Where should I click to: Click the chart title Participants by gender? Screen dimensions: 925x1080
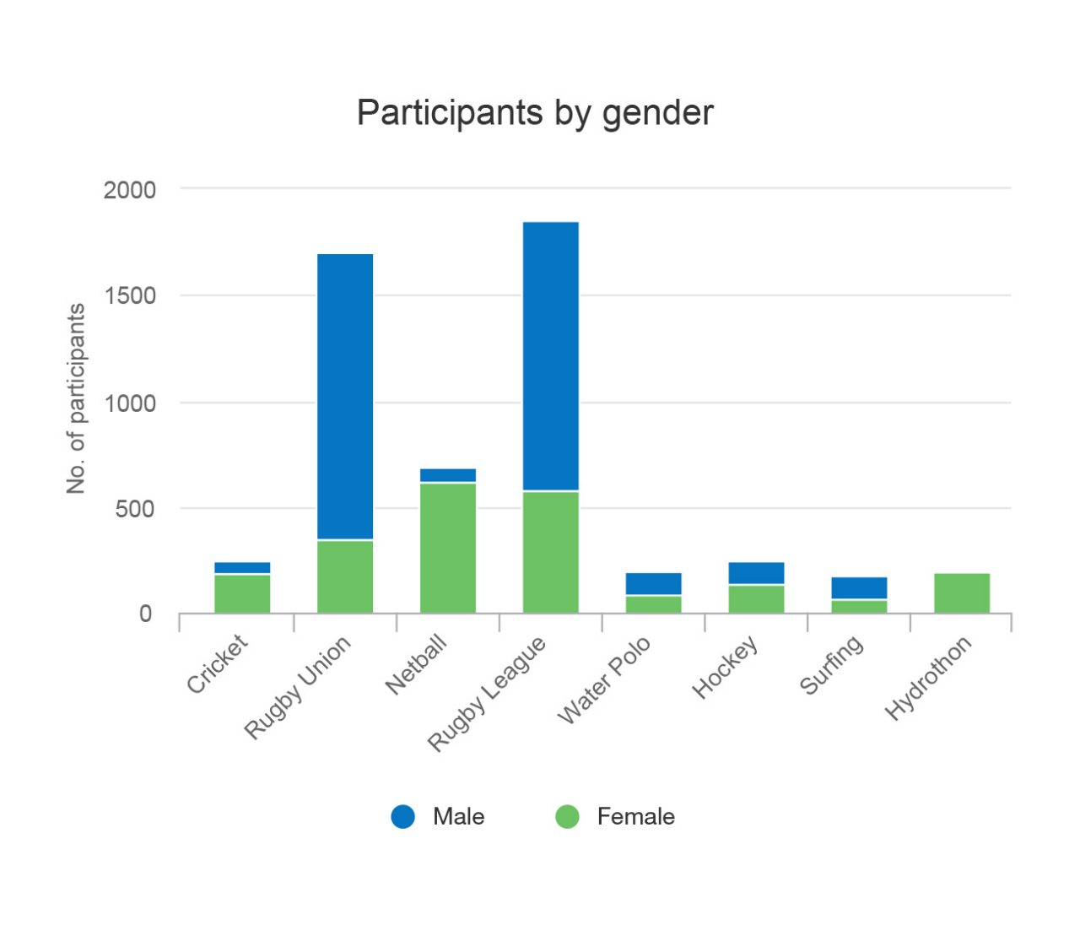click(535, 113)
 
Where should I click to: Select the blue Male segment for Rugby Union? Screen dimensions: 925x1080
click(345, 397)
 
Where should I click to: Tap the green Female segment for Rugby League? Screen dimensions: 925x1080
click(551, 552)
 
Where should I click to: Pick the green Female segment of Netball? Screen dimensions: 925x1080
click(448, 548)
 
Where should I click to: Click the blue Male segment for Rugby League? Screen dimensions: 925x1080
click(551, 356)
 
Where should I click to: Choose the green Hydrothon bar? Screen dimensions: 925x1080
click(962, 593)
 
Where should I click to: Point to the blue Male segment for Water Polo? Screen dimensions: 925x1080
click(654, 584)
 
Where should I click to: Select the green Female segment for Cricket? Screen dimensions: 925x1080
click(242, 594)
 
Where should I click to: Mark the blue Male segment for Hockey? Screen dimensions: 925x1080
click(757, 573)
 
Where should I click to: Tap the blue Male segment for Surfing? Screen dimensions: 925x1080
click(859, 588)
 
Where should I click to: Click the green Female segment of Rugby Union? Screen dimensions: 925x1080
click(345, 576)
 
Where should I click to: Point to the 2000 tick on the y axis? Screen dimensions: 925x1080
click(130, 190)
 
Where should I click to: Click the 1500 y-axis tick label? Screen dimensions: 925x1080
click(130, 296)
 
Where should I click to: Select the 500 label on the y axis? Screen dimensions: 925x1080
click(136, 509)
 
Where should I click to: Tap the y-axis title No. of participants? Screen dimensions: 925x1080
click(76, 398)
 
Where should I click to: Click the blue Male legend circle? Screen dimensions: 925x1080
click(403, 816)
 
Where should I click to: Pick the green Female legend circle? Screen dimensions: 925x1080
click(567, 816)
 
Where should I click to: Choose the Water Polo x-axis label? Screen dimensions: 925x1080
click(604, 680)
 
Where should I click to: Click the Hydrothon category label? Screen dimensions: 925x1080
click(928, 679)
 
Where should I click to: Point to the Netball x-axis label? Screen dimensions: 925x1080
click(415, 666)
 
